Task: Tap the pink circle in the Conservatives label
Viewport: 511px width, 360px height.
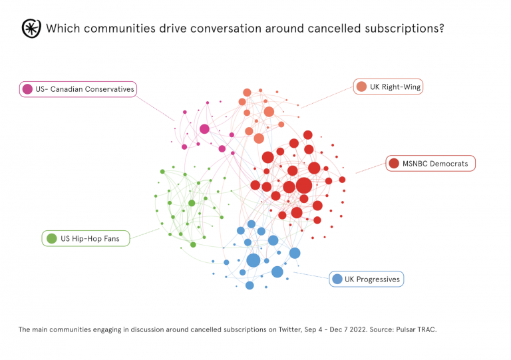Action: [x=27, y=89]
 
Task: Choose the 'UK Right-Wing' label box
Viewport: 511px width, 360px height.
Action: [x=387, y=87]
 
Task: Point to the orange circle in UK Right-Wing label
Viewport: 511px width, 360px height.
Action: [x=361, y=87]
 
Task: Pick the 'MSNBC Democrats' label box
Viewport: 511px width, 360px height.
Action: [x=430, y=163]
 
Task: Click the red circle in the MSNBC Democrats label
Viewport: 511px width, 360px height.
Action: [x=394, y=163]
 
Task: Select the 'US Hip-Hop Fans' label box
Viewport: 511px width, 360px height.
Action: [x=86, y=238]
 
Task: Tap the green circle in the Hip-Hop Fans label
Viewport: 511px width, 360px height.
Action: [x=51, y=238]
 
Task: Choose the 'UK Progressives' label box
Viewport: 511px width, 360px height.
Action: [x=367, y=279]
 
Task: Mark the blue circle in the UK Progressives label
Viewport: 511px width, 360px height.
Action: [x=337, y=279]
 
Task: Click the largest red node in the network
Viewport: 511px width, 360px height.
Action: [x=303, y=186]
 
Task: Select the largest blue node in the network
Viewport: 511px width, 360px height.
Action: [x=253, y=260]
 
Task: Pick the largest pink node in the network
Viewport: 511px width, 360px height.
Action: [x=204, y=128]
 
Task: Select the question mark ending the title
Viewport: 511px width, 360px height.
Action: [x=441, y=29]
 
